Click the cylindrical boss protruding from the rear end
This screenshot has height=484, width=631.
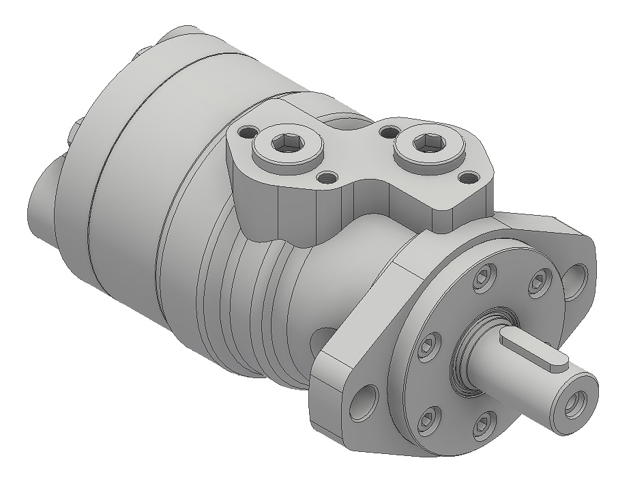42,205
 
